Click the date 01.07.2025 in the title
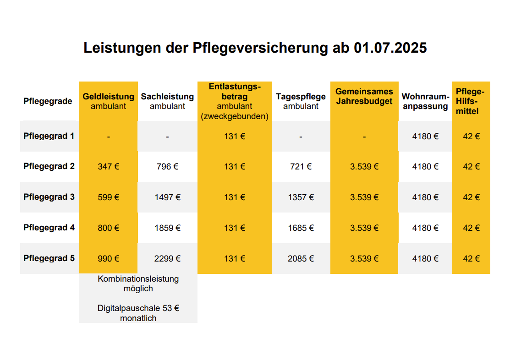click(x=390, y=48)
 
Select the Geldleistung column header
click(x=109, y=101)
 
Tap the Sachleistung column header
click(x=167, y=101)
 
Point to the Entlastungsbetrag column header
click(x=235, y=101)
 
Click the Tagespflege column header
click(x=301, y=101)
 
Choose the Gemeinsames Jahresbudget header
click(x=364, y=96)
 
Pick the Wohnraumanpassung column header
click(x=425, y=101)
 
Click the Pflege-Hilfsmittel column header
click(x=471, y=101)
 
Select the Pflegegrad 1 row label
click(x=49, y=136)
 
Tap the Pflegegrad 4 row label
click(x=49, y=228)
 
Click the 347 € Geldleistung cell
click(x=109, y=167)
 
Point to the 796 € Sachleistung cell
click(x=167, y=167)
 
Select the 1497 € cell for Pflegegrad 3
click(x=167, y=197)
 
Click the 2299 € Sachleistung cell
click(x=167, y=258)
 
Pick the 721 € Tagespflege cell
click(x=301, y=167)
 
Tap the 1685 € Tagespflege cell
click(x=301, y=228)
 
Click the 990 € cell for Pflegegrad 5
click(x=109, y=258)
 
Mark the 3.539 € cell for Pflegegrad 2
click(x=364, y=167)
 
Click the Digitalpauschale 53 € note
click(x=138, y=313)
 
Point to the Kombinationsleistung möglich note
click(x=138, y=284)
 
